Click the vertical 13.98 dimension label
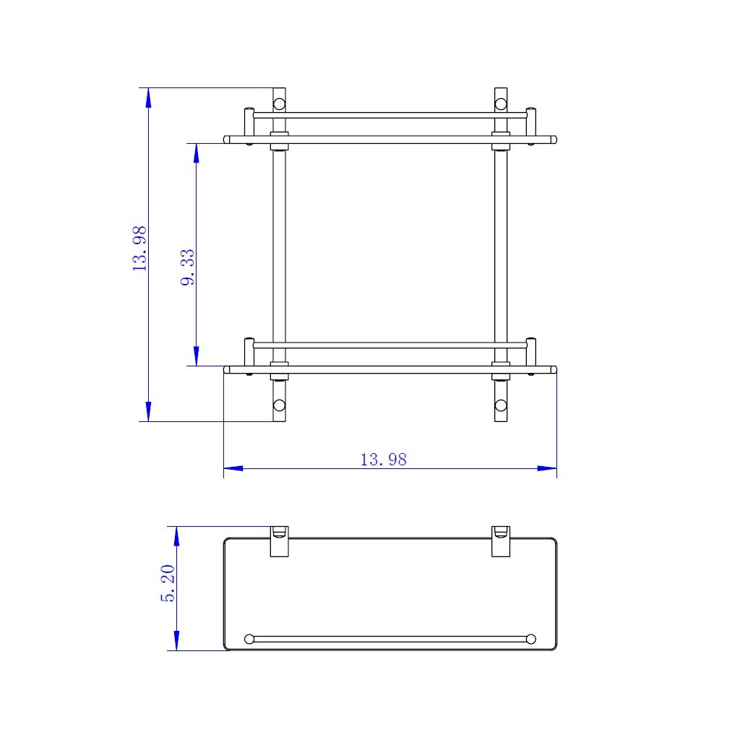[139, 249]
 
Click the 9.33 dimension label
[188, 267]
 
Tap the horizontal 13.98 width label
[383, 460]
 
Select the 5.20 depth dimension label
[168, 583]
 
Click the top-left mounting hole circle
[280, 104]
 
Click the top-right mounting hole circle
[501, 104]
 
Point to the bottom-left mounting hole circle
[280, 405]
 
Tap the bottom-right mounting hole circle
[501, 405]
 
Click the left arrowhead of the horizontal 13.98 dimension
[233, 468]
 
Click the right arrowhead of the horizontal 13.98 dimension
[548, 468]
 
